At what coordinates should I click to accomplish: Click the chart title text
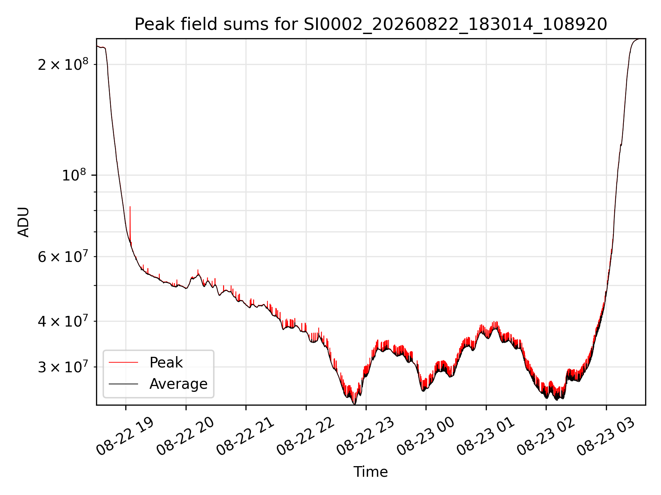tap(371, 24)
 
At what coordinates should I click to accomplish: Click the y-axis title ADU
tap(23, 222)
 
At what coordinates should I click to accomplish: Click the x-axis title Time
tap(371, 472)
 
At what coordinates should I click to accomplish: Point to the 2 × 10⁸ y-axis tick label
tap(63, 64)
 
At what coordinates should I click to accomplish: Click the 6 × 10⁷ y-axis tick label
tap(63, 256)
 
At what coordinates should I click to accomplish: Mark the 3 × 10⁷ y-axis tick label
tap(63, 367)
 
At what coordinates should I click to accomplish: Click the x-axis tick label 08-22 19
tap(125, 437)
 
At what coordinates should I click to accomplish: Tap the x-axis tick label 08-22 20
tap(185, 437)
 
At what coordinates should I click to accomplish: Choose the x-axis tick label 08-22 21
tap(245, 437)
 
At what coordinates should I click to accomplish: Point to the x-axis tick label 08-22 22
tap(305, 437)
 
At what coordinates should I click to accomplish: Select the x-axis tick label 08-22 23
tap(365, 437)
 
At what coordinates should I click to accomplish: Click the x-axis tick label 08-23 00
tap(425, 437)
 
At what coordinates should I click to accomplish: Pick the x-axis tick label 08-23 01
tap(485, 437)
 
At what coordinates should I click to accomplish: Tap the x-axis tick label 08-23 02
tap(545, 437)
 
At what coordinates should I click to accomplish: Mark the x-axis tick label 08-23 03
tap(606, 437)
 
